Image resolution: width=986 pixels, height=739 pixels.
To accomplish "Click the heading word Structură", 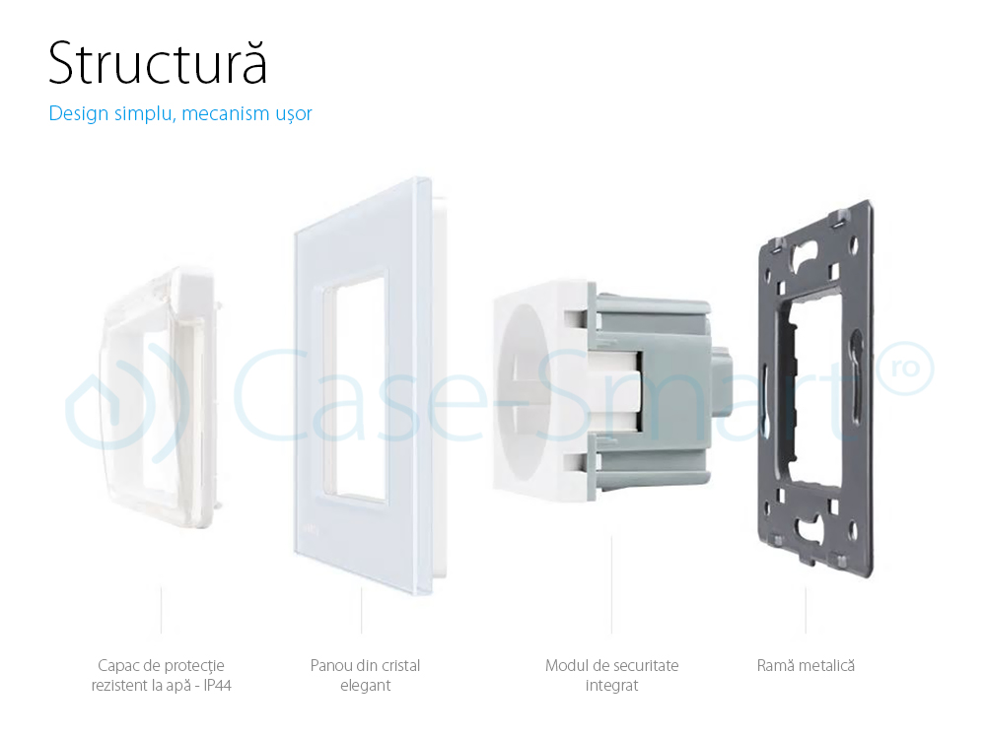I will (x=158, y=64).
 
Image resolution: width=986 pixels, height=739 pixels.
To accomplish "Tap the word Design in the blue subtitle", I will (x=78, y=114).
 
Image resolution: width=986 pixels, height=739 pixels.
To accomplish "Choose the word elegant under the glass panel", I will (x=365, y=686).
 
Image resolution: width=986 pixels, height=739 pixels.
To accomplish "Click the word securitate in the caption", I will (x=642, y=666).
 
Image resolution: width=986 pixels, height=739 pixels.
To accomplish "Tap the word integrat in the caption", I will (x=611, y=686).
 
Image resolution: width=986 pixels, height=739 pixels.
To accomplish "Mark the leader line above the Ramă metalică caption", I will (x=806, y=611).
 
